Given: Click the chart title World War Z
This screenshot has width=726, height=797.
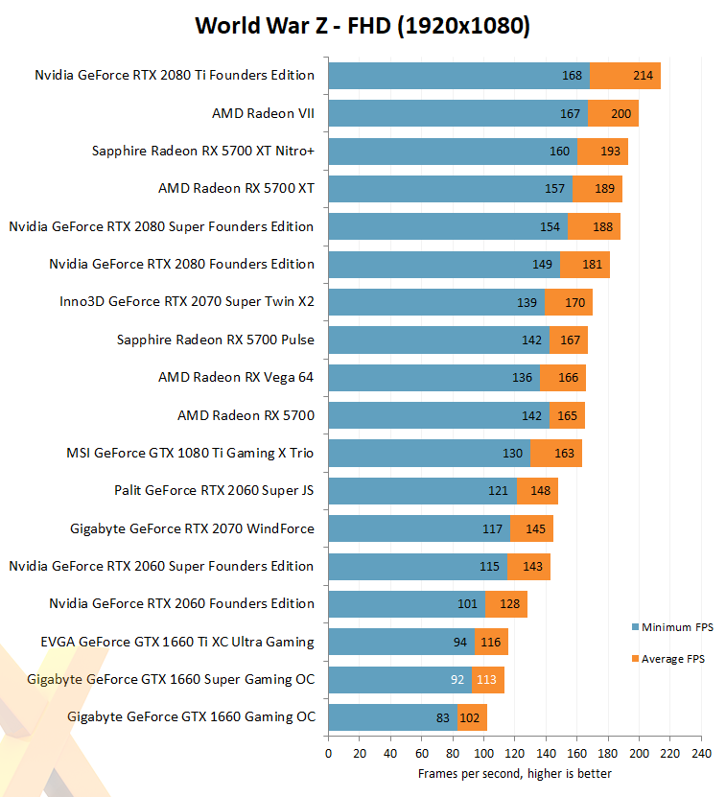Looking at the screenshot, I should [x=363, y=25].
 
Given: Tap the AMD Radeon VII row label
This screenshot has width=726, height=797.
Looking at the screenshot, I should [x=263, y=113].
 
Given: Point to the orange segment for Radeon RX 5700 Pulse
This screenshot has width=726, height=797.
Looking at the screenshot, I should [x=569, y=340].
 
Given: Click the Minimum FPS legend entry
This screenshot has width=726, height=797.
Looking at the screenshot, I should [x=677, y=627].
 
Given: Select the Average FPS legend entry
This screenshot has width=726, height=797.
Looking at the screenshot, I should [x=673, y=659].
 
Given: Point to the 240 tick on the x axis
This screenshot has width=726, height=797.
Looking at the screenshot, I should [x=701, y=753].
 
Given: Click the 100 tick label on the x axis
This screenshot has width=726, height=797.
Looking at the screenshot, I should [x=483, y=753].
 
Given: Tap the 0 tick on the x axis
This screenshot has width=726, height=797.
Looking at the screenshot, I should [x=328, y=753].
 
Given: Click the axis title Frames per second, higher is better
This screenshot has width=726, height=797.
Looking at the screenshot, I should [x=514, y=773].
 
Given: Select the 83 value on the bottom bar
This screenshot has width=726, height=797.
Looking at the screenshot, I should [x=442, y=717].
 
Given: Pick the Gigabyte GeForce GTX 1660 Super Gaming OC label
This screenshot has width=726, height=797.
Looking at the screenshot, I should [x=171, y=679].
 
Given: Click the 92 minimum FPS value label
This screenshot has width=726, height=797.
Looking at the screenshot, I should [x=457, y=680].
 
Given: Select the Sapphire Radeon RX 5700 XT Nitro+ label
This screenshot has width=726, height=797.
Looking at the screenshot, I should [x=203, y=151].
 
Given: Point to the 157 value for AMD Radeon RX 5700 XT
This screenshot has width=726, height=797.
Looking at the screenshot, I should [x=554, y=189].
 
